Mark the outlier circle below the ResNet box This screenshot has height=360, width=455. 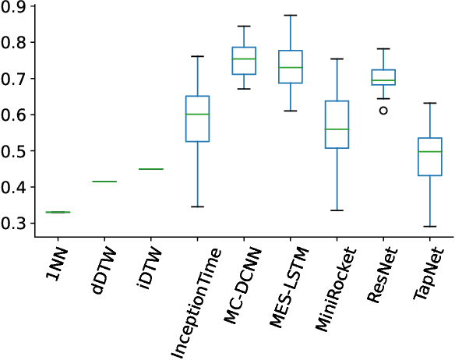pos(383,111)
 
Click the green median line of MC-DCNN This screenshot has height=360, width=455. pos(244,59)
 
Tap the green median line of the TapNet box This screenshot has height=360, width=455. pos(429,151)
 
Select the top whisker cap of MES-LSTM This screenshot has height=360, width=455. pos(290,16)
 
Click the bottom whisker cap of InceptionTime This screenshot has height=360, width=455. pos(197,206)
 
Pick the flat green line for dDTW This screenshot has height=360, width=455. pos(104,182)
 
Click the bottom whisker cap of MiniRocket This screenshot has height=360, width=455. pos(337,210)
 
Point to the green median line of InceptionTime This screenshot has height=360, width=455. pos(197,114)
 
